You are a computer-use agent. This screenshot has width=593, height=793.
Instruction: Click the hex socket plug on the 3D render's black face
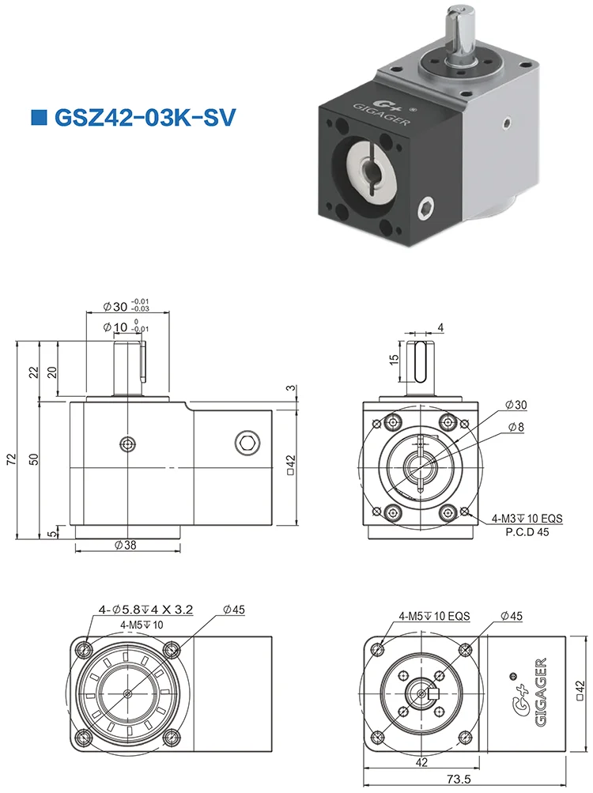click(426, 210)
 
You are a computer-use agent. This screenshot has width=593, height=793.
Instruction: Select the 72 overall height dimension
click(11, 460)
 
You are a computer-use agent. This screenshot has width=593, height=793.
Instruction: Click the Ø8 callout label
click(517, 427)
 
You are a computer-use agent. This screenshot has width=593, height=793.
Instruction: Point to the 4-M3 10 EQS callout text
click(527, 519)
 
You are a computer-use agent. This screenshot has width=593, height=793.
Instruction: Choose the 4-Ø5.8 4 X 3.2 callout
click(146, 610)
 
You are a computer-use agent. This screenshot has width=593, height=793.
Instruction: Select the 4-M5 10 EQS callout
click(434, 615)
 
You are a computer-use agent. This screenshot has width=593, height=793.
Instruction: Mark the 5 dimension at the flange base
click(51, 534)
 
